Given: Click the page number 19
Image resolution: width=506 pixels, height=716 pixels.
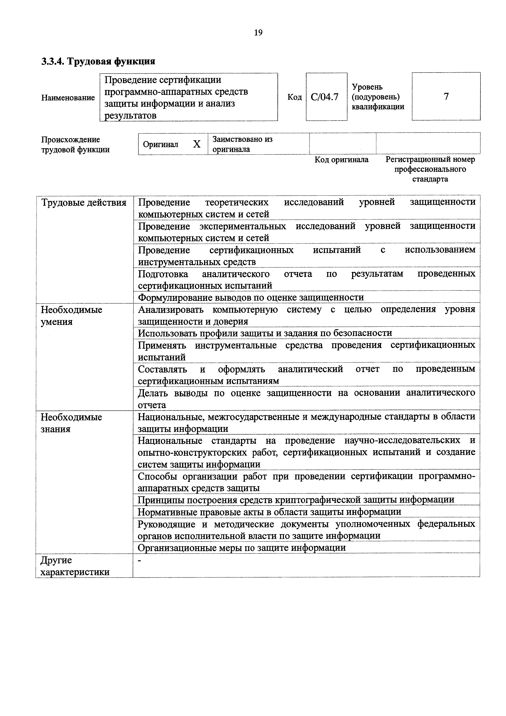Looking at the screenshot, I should [258, 32].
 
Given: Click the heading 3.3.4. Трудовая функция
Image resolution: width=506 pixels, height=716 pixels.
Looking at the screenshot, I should [98, 61].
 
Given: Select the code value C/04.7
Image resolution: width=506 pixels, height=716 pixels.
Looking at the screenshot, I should [325, 97].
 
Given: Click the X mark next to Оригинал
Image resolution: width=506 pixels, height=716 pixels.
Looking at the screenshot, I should [197, 144].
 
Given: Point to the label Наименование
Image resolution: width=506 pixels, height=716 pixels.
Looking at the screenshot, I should [68, 98].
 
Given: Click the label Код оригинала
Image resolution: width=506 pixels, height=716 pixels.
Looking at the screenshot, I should [341, 160].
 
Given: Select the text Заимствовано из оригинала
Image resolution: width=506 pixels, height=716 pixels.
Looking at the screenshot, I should [242, 144].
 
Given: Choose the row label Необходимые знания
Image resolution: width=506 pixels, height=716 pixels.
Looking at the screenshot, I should [71, 423].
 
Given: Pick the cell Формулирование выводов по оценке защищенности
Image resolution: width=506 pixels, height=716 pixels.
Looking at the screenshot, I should [251, 297].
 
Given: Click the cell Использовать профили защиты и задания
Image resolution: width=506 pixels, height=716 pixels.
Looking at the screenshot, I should [265, 333].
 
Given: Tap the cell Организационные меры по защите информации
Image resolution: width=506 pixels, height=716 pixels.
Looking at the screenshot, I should [242, 548].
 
